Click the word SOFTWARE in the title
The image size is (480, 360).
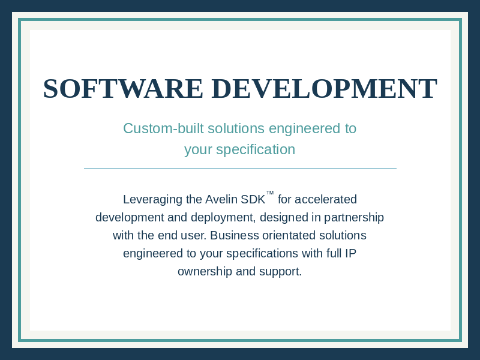click(123, 89)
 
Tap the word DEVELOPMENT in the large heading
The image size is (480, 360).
click(324, 89)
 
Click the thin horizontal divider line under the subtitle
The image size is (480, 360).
click(240, 169)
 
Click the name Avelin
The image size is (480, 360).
click(221, 200)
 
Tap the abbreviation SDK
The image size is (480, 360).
click(253, 200)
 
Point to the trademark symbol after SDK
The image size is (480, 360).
click(270, 193)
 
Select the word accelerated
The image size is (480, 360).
click(326, 200)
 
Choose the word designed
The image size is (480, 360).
click(284, 217)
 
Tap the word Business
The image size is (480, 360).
click(235, 235)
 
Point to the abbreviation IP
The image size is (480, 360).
click(350, 253)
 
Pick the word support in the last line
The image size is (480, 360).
click(280, 272)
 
